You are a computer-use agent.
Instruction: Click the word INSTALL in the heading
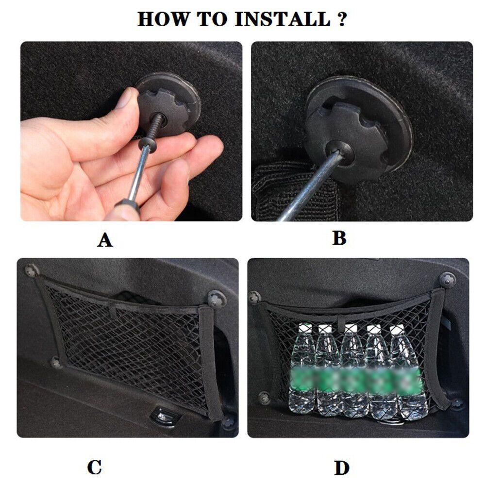point(283,19)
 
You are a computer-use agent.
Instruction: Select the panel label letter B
point(339,238)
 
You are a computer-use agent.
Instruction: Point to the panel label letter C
point(95,468)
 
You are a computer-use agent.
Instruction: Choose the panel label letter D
point(342,468)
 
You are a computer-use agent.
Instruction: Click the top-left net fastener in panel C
point(32,270)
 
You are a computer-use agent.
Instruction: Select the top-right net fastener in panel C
point(217,299)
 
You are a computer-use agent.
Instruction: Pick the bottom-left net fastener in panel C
point(56,363)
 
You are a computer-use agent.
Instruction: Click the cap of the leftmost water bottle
point(305,328)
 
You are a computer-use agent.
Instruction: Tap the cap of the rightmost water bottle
point(397,329)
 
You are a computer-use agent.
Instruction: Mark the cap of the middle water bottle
point(351,328)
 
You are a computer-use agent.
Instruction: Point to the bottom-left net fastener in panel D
point(265,398)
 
